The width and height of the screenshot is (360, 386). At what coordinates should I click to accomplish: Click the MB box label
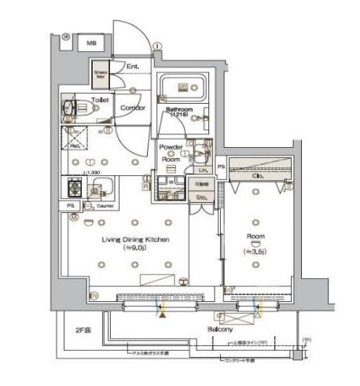pyautogui.click(x=91, y=44)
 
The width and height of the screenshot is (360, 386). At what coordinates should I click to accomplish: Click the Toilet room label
pyautogui.click(x=100, y=101)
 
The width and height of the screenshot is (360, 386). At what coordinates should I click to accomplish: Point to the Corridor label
pyautogui.click(x=132, y=108)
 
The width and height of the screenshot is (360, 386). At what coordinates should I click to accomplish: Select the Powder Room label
pyautogui.click(x=171, y=153)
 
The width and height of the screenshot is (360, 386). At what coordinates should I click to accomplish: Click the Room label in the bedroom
pyautogui.click(x=255, y=235)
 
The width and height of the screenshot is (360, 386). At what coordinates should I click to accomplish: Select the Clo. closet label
pyautogui.click(x=258, y=177)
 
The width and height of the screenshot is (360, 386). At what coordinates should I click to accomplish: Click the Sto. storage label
pyautogui.click(x=201, y=197)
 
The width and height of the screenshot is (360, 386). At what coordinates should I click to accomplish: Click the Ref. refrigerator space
pyautogui.click(x=75, y=145)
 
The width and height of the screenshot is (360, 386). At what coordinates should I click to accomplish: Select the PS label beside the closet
pyautogui.click(x=222, y=167)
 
